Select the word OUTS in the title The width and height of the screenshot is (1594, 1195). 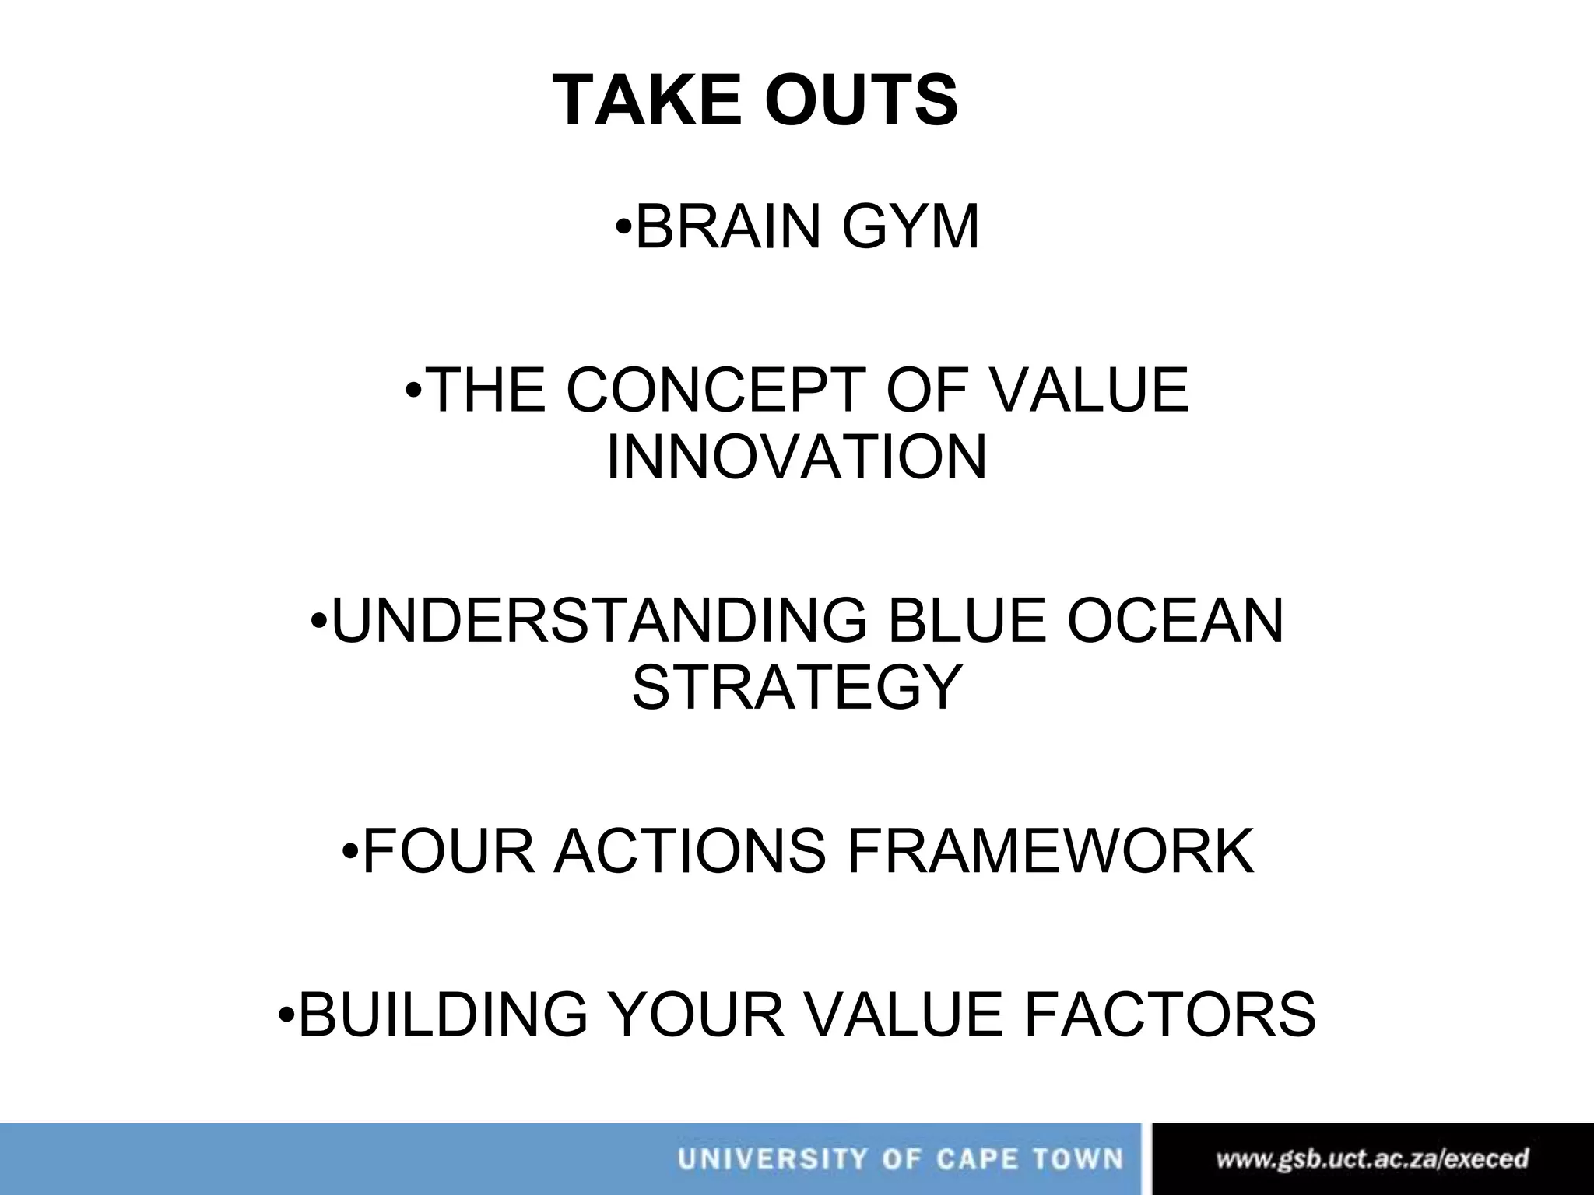[x=861, y=101]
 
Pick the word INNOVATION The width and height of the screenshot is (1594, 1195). [x=797, y=457]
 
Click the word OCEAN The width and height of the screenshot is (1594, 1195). [x=1175, y=621]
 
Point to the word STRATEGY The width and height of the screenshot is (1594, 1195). [x=797, y=688]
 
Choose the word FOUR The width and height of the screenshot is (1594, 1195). [x=448, y=852]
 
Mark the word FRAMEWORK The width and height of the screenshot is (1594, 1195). [x=1051, y=852]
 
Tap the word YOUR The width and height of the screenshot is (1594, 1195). [x=696, y=1015]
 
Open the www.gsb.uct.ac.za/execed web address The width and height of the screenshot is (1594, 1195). [x=1372, y=1159]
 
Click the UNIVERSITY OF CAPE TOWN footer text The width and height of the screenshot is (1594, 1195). [x=901, y=1159]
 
